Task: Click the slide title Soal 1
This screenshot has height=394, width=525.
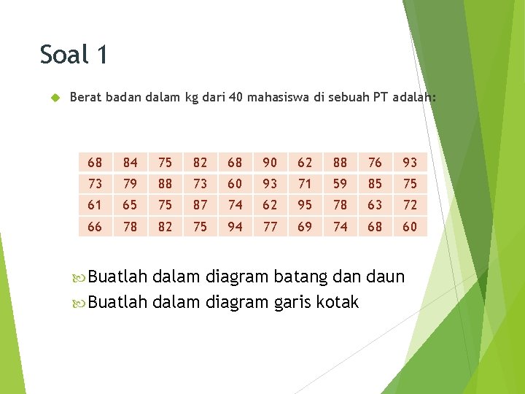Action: [74, 55]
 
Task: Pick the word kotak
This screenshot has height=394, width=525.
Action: [338, 301]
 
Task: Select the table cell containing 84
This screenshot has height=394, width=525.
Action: [130, 163]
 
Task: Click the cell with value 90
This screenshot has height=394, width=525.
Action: [270, 163]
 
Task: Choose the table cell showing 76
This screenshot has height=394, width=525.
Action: [375, 163]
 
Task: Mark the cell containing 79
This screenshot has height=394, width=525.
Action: [130, 184]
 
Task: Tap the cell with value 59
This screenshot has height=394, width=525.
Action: [340, 184]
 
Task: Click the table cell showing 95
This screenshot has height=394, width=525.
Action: [305, 206]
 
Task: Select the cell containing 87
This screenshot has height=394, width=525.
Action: [200, 206]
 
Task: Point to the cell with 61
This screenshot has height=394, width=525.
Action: [95, 206]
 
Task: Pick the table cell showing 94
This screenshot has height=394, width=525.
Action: [235, 227]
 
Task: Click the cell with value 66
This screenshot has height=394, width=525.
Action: [95, 227]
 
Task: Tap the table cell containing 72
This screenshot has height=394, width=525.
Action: [410, 206]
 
